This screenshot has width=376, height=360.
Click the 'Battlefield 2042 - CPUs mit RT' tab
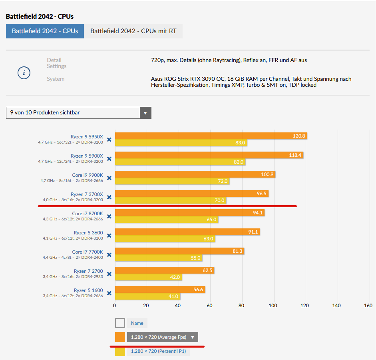133,31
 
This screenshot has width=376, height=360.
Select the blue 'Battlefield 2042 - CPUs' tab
45,31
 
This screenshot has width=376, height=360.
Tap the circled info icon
24,73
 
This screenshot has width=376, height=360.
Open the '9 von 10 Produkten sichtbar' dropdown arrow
145,113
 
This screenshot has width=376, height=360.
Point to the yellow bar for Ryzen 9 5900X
180,162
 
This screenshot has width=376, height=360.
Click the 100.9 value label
268,174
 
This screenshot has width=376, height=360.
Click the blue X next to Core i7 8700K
109,216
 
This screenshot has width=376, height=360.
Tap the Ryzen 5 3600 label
88,232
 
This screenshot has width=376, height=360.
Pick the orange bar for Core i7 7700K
179,251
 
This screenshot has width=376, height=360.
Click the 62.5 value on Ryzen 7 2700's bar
207,270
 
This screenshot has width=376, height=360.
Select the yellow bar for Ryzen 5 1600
147,296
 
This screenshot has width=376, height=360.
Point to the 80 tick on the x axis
241,306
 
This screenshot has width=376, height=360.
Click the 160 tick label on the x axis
368,306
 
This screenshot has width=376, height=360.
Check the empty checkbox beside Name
120,323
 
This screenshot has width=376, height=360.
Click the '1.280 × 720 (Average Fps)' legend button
162,337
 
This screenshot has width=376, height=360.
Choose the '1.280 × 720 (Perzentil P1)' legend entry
158,352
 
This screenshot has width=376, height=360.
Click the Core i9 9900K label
88,175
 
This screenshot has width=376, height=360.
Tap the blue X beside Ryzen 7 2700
109,274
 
